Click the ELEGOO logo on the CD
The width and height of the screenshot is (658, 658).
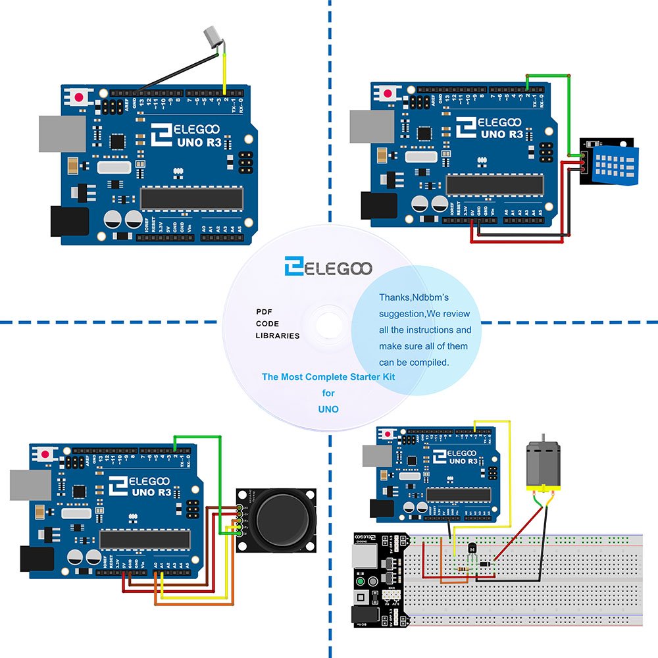(328, 267)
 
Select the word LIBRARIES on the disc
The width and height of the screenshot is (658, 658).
(277, 336)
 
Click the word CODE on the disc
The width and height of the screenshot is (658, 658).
(267, 324)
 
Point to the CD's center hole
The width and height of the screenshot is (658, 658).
(328, 325)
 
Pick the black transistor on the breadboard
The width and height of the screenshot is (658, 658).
(471, 547)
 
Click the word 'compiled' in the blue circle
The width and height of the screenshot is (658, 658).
(428, 362)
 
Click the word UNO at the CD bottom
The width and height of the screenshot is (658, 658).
(328, 409)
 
